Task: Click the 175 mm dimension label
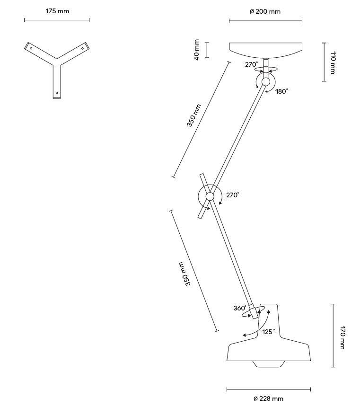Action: pyautogui.click(x=57, y=11)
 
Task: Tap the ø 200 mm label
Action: pyautogui.click(x=265, y=11)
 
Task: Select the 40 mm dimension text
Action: pyautogui.click(x=197, y=50)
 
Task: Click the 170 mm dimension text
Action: pyautogui.click(x=342, y=337)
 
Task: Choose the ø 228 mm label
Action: pyautogui.click(x=268, y=398)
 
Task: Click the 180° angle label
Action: pyautogui.click(x=281, y=91)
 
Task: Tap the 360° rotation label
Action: pyautogui.click(x=240, y=308)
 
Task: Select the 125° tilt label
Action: pyautogui.click(x=268, y=332)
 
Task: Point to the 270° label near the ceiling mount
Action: pyautogui.click(x=252, y=64)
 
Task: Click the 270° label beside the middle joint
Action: pyautogui.click(x=233, y=195)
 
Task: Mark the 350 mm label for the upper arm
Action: pyautogui.click(x=194, y=115)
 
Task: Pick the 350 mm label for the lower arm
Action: pyautogui.click(x=184, y=274)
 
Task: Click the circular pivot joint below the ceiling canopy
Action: pyautogui.click(x=265, y=82)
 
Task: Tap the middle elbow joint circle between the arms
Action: pyautogui.click(x=210, y=196)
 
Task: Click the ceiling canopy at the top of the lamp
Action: pyautogui.click(x=265, y=50)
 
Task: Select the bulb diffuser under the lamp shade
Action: pyautogui.click(x=268, y=364)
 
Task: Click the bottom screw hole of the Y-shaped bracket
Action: pyautogui.click(x=57, y=93)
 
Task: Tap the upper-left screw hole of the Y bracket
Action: pyautogui.click(x=31, y=48)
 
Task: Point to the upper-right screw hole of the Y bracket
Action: pyautogui.click(x=83, y=48)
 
